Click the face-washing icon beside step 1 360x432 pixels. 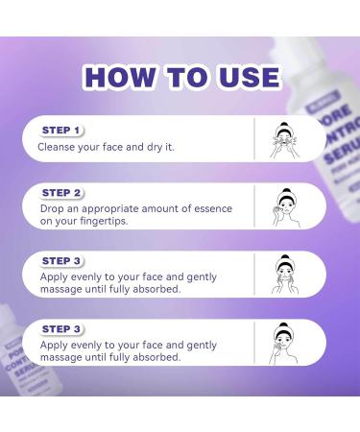282,139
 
